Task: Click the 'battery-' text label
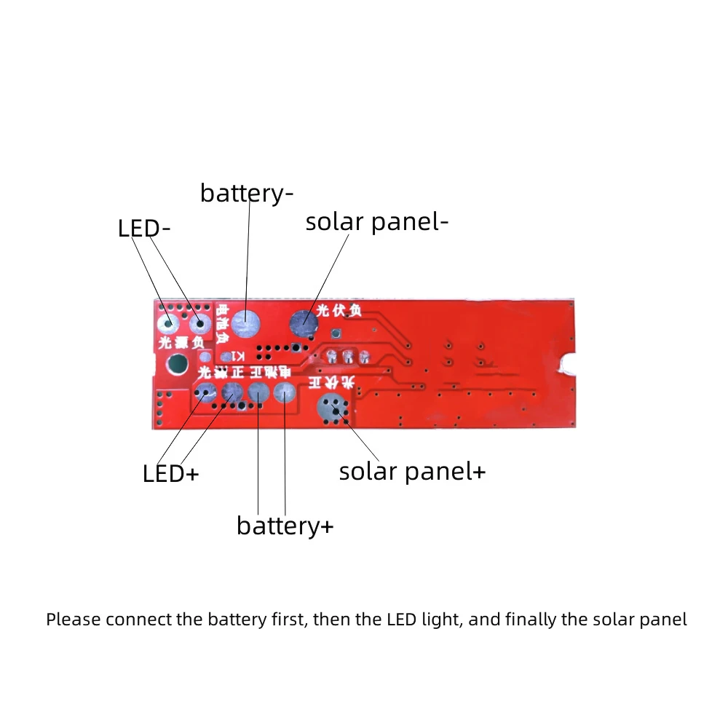(247, 194)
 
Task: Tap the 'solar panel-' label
(376, 222)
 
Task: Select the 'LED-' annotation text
(144, 229)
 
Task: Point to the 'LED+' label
(170, 474)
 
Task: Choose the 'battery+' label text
(285, 526)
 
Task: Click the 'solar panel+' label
(412, 472)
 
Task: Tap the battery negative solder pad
(247, 320)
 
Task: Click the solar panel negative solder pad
(304, 321)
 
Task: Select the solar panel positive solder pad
(333, 408)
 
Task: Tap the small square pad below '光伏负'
(335, 333)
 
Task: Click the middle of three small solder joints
(348, 356)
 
